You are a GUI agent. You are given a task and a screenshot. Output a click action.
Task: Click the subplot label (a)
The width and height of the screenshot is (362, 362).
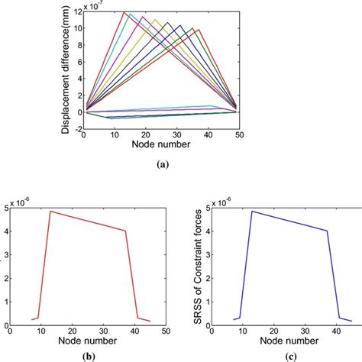pos(163,163)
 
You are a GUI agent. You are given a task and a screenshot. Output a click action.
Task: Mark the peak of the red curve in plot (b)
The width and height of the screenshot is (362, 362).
pos(50,211)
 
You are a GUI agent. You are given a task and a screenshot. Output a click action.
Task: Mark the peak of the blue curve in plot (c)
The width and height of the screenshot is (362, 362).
pos(252,211)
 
